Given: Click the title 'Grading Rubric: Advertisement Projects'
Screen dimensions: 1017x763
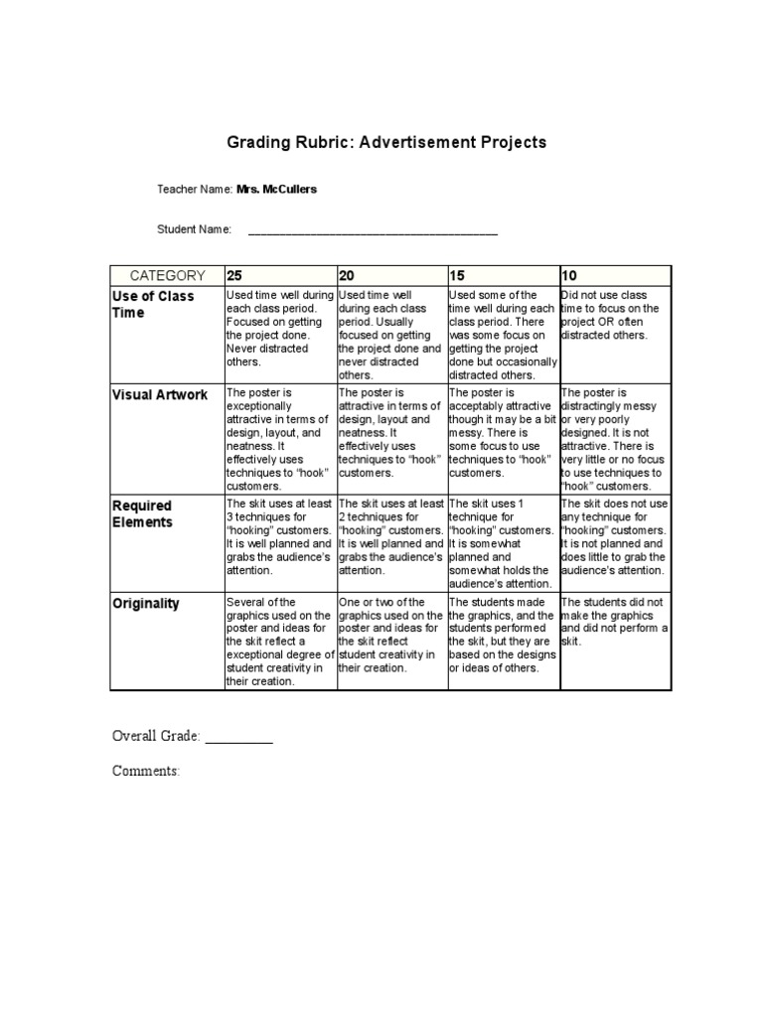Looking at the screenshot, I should pos(387,142).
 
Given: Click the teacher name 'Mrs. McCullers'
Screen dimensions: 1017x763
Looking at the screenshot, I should pos(277,189).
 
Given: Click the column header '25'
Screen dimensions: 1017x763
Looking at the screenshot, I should pos(235,276).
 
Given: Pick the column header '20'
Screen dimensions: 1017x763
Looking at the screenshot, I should pos(347,276).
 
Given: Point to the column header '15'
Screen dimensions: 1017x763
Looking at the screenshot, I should pos(458,276).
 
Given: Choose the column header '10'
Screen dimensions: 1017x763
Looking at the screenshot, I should pos(569,276).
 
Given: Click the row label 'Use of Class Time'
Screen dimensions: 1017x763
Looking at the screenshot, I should pos(153,304).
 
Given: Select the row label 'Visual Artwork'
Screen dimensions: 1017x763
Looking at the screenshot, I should pos(160,394).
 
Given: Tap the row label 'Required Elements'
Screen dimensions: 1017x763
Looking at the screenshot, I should pos(142,513).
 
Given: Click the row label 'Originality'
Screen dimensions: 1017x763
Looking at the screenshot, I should pos(146,603).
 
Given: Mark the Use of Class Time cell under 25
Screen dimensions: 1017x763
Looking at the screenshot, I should pos(280,329).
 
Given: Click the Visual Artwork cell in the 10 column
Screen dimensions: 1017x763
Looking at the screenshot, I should pos(615,440).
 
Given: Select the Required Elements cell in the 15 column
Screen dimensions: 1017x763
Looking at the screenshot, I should pos(504,543).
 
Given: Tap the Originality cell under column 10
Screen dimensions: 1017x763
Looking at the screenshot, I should pos(615,622).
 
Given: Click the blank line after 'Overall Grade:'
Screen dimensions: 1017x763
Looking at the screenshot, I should pos(238,737).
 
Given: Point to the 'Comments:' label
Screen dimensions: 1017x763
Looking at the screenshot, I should pos(146,771).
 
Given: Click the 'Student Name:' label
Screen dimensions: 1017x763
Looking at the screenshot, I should pos(195,229).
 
